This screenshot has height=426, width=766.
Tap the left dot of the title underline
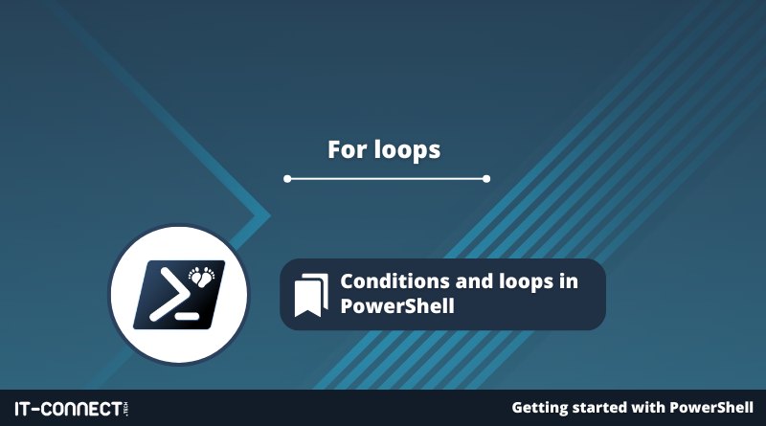[x=287, y=179]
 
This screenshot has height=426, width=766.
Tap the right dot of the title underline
[x=486, y=179]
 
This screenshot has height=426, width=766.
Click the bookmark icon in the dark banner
[x=311, y=295]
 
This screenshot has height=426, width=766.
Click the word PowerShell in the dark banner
[x=397, y=306]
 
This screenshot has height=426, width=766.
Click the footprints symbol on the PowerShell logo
[x=202, y=276]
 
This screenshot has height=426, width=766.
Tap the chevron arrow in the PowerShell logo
[x=169, y=295]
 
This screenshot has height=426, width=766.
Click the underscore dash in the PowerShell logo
[x=187, y=316]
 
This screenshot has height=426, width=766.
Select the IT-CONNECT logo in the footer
[x=72, y=409]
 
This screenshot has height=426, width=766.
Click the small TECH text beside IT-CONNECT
[x=126, y=409]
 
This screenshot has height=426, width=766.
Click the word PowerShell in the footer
[x=711, y=408]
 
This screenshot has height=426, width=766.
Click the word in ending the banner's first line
[x=569, y=281]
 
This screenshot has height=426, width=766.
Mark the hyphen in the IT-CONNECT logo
[x=35, y=410]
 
